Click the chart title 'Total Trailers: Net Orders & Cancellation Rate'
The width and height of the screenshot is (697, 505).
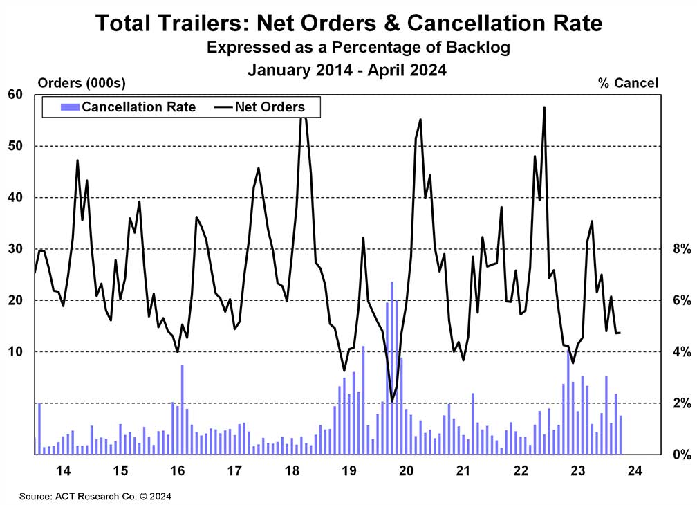click(348, 23)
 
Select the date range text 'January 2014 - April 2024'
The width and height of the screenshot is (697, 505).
click(348, 70)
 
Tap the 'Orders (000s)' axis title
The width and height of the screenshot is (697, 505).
click(82, 84)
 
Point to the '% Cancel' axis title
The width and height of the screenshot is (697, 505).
click(628, 84)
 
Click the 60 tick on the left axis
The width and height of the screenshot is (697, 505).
click(16, 95)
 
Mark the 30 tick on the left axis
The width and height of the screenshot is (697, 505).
click(16, 249)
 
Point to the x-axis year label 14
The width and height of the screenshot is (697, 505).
click(63, 472)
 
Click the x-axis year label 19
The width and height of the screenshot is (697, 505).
click(348, 472)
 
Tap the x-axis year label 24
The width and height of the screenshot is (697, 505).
click(634, 472)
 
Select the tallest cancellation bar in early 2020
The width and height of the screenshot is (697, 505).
click(392, 367)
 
